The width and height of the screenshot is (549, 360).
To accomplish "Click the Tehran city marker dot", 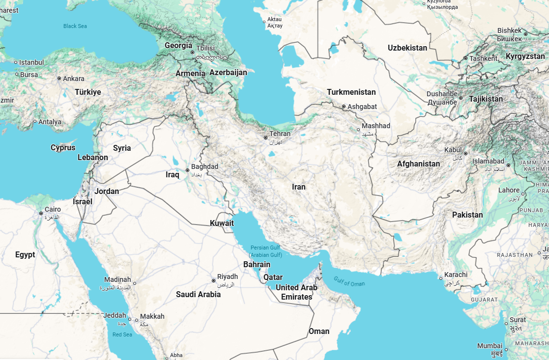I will click(x=266, y=138).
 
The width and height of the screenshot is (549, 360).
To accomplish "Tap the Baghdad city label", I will click(x=204, y=167).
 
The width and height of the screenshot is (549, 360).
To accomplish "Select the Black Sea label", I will click(x=75, y=26).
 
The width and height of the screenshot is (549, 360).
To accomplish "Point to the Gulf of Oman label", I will click(x=349, y=281).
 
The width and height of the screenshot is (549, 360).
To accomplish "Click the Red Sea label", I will click(x=122, y=334).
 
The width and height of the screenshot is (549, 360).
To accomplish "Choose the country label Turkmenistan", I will click(x=351, y=92).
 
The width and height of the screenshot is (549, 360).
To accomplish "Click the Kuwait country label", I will click(x=222, y=223).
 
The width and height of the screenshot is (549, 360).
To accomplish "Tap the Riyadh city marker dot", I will click(x=213, y=281).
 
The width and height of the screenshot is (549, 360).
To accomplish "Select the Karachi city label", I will click(x=456, y=275).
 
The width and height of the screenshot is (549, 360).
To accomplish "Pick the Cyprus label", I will click(x=63, y=147).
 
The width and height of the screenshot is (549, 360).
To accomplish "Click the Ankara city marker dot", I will click(x=59, y=79).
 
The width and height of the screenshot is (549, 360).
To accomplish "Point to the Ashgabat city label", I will click(x=362, y=107).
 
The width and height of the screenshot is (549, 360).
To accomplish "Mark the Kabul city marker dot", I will click(x=465, y=154).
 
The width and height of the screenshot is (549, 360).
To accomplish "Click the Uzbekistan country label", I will click(x=407, y=48).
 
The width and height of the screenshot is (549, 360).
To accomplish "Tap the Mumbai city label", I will click(x=490, y=346).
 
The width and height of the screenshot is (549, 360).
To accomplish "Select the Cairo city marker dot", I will click(x=41, y=213).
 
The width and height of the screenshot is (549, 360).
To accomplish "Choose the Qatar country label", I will click(x=273, y=277).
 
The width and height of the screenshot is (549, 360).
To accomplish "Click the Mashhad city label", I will click(x=376, y=126).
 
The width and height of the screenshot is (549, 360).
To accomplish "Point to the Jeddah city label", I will click(x=115, y=315).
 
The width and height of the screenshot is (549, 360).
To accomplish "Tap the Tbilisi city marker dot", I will click(x=193, y=52).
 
